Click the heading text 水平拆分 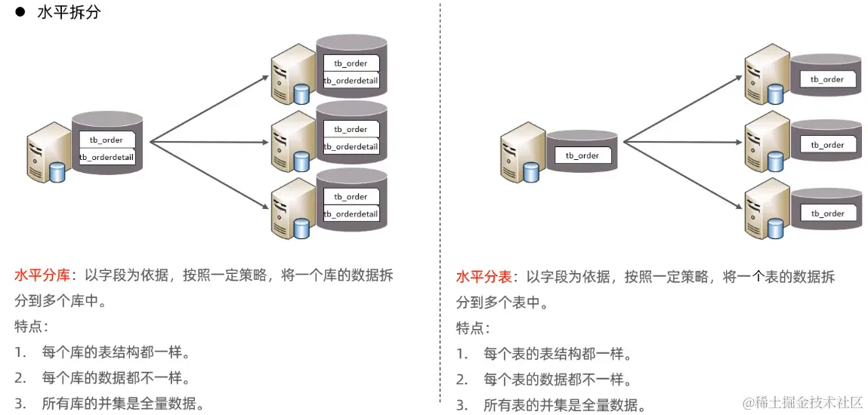(x=69, y=13)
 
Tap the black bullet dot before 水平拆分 (x=20, y=13)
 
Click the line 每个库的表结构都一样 (x=115, y=352)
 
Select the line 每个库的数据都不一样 (x=115, y=378)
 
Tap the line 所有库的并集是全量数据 (x=123, y=404)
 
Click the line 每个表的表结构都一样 (x=557, y=354)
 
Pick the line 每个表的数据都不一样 (x=557, y=380)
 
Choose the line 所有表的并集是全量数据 (x=565, y=405)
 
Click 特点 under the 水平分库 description (x=31, y=327)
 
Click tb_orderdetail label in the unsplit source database (x=107, y=157)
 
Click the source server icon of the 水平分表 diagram (x=520, y=156)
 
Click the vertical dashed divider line (x=440, y=204)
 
